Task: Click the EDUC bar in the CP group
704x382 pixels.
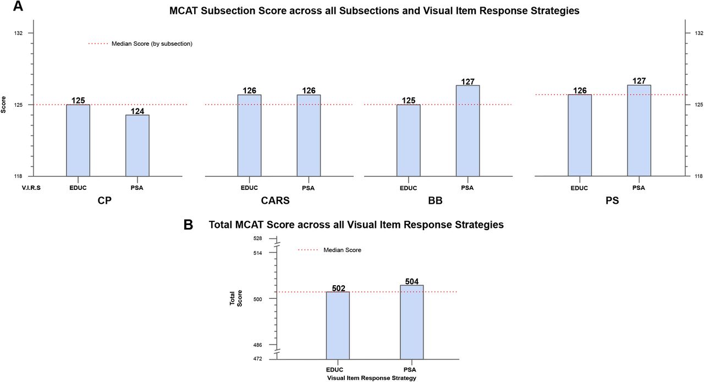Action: (x=78, y=140)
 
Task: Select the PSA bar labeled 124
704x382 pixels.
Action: (x=137, y=145)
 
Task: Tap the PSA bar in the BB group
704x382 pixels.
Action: (x=468, y=130)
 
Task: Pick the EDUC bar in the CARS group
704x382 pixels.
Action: (x=249, y=135)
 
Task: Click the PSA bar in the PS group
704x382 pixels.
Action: (x=639, y=130)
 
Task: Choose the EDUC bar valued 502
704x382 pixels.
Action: (x=338, y=325)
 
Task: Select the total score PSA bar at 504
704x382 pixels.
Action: (x=412, y=321)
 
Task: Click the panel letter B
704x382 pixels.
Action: (x=188, y=225)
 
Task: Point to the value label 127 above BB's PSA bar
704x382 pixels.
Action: (x=468, y=81)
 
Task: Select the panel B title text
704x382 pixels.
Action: (x=356, y=225)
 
